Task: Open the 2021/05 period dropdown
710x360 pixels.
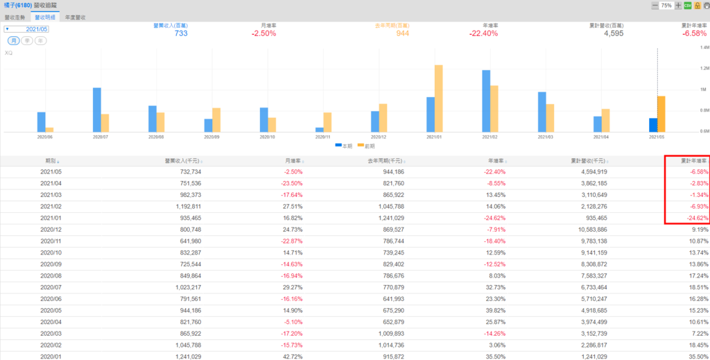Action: click(27, 30)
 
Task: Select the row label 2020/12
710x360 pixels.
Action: click(52, 229)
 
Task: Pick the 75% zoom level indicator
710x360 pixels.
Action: click(666, 5)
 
